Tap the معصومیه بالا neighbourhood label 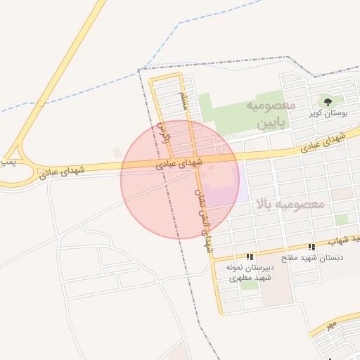(290, 205)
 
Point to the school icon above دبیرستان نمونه (250, 257)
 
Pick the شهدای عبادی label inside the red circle (179, 164)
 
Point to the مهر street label (331, 325)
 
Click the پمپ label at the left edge (6, 162)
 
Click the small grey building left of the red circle (117, 152)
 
